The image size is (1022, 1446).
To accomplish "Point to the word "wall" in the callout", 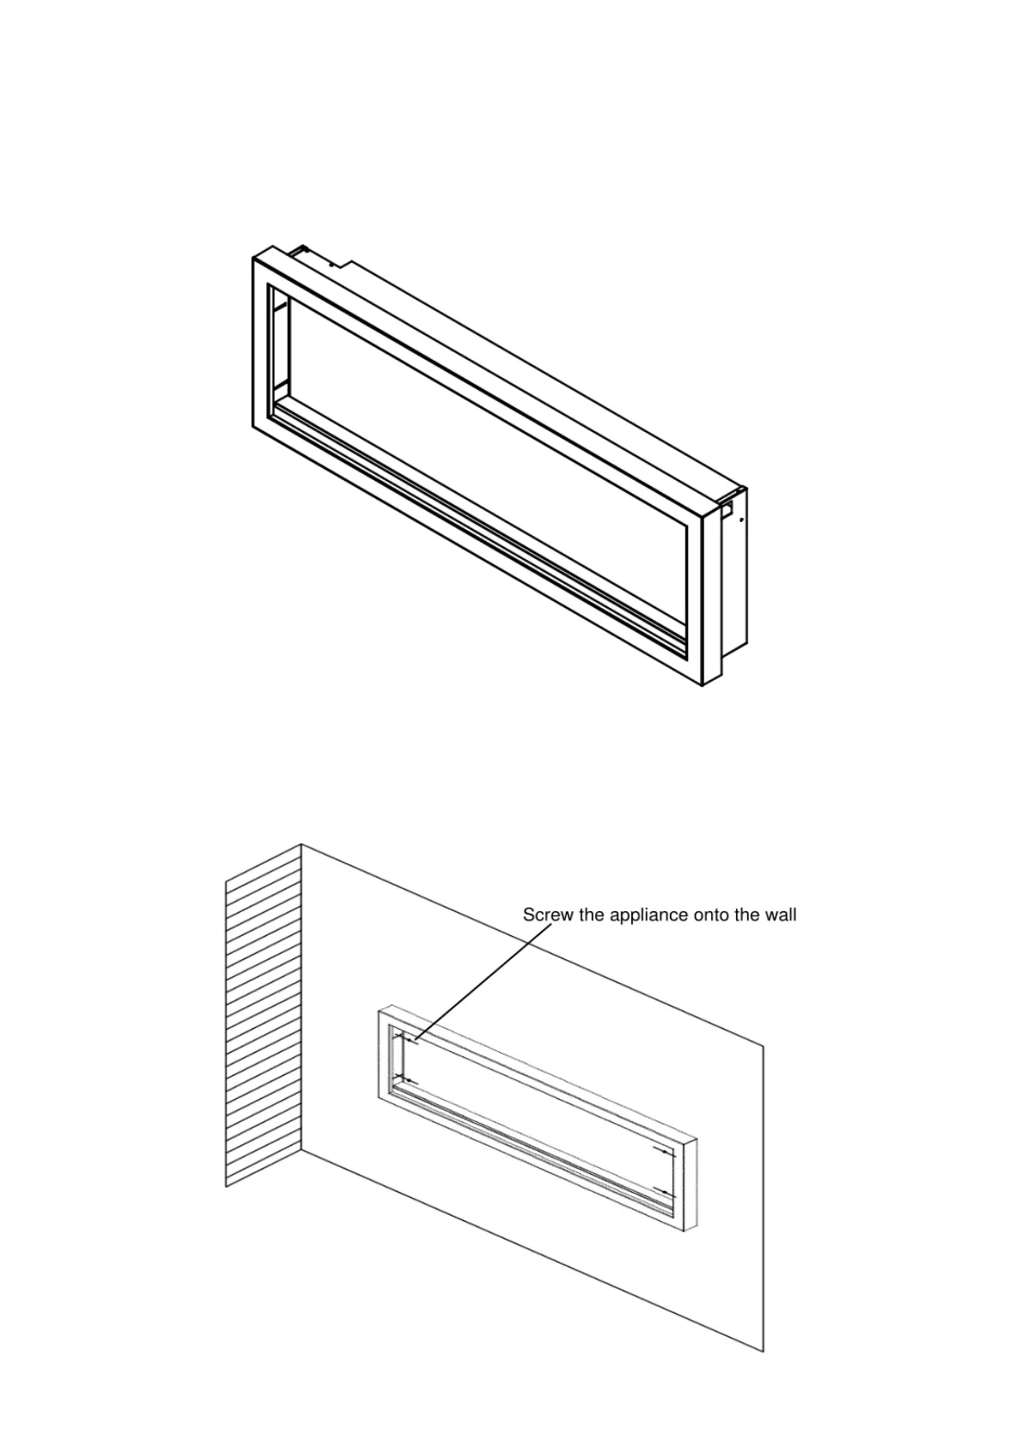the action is [x=779, y=915].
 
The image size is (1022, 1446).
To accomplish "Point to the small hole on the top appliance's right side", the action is [x=741, y=519].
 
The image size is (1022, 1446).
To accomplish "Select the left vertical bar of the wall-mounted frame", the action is [x=384, y=1056].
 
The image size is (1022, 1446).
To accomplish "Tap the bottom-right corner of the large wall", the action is [x=763, y=1351].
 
